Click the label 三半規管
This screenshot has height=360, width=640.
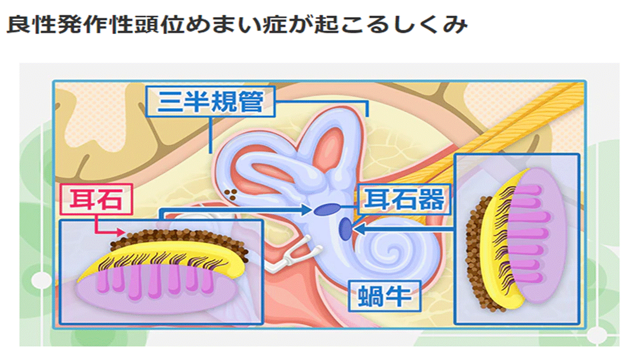210,103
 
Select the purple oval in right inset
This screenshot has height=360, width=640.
540,235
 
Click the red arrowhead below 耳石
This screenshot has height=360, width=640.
122,232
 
